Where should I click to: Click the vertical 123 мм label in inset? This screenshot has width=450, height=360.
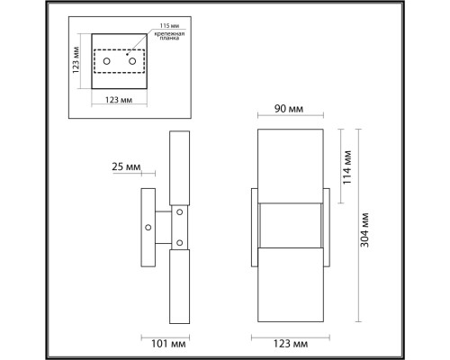tap(78, 62)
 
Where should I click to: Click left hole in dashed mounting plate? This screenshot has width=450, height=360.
tap(107, 62)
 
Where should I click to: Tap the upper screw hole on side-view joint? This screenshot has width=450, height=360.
tap(179, 213)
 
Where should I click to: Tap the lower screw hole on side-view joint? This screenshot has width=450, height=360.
tap(179, 242)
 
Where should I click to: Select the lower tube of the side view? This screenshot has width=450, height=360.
tap(177, 286)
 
